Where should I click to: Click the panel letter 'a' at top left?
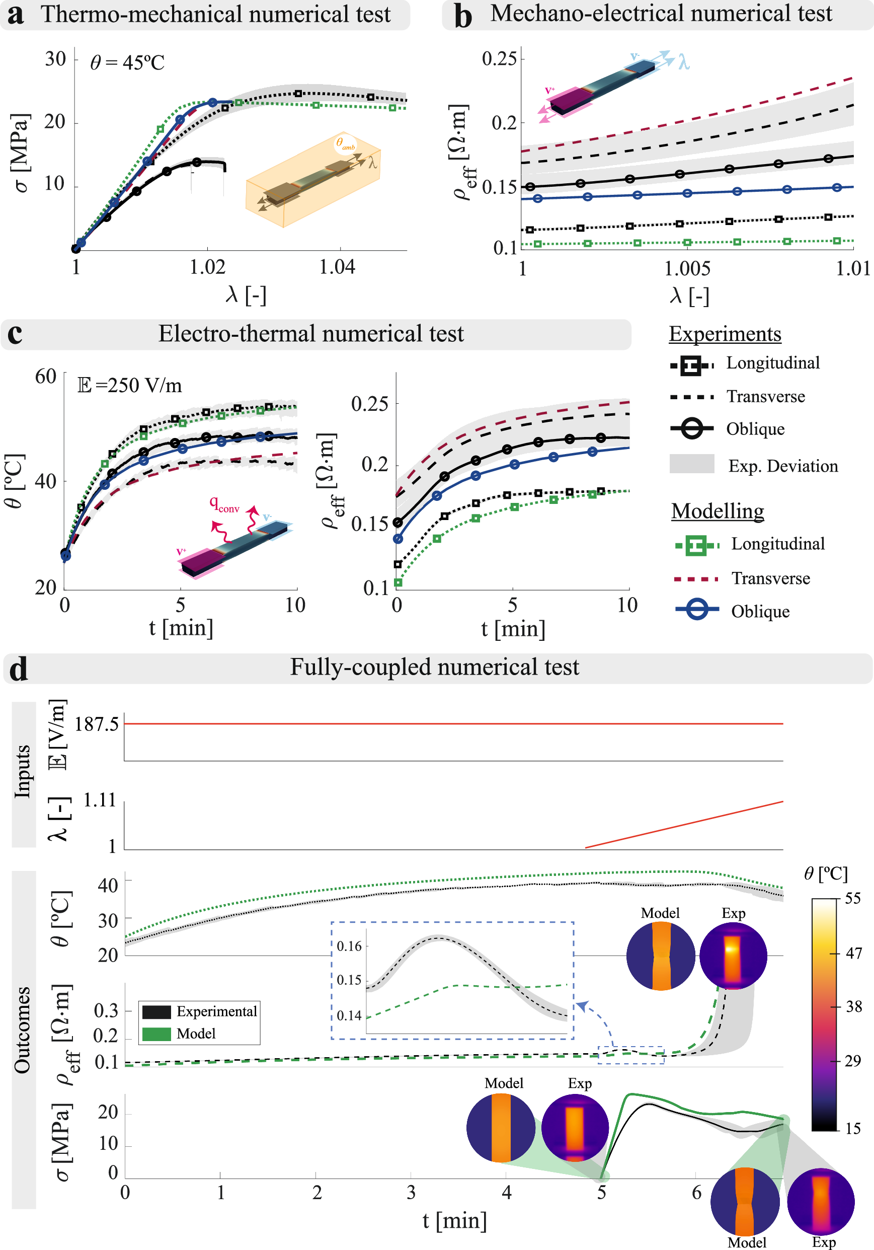click(x=15, y=15)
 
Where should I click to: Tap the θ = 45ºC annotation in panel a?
click(x=127, y=62)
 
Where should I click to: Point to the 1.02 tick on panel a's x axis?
click(x=207, y=267)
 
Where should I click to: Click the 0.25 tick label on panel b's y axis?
click(x=499, y=58)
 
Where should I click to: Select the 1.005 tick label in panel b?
click(x=687, y=268)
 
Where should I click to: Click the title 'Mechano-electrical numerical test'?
click(x=661, y=14)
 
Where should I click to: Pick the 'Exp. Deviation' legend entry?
click(x=782, y=466)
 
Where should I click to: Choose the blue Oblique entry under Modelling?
click(x=760, y=611)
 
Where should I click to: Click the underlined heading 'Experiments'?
click(x=725, y=334)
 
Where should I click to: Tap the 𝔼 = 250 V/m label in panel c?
click(x=129, y=386)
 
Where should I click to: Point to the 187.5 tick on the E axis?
click(x=96, y=724)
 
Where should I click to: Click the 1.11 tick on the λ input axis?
click(x=99, y=800)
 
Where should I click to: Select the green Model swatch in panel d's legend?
click(x=156, y=1034)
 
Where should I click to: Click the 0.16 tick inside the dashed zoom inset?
click(x=349, y=946)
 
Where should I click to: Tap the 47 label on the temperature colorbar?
click(x=853, y=953)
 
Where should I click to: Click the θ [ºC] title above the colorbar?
click(x=826, y=874)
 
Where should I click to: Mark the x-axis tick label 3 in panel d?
click(x=411, y=1192)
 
